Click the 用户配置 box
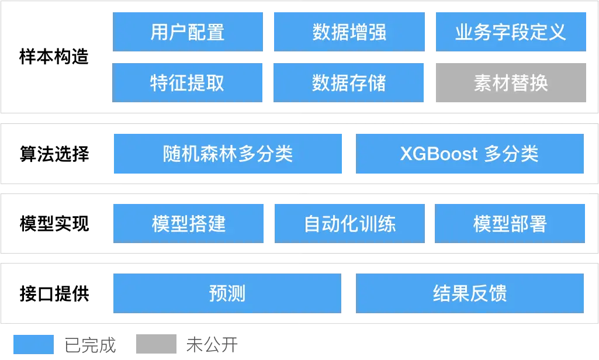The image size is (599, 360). [189, 32]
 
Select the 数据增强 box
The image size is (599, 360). [348, 32]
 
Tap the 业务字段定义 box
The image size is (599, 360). [511, 32]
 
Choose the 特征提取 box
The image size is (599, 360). [189, 82]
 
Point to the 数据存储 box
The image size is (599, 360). [348, 82]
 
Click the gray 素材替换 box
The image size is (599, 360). [511, 82]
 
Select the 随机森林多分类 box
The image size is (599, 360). [228, 154]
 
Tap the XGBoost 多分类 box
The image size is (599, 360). [469, 154]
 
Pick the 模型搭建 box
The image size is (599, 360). [189, 223]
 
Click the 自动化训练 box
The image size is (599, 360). [348, 223]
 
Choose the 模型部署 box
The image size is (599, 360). [511, 223]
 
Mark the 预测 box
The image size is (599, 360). [226, 292]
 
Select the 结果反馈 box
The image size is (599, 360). [469, 292]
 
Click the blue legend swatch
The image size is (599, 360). [33, 344]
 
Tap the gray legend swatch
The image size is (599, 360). [156, 344]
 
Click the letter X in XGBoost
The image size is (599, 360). [407, 154]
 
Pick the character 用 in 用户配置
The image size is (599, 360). [160, 32]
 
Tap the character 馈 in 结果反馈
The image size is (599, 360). [498, 292]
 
